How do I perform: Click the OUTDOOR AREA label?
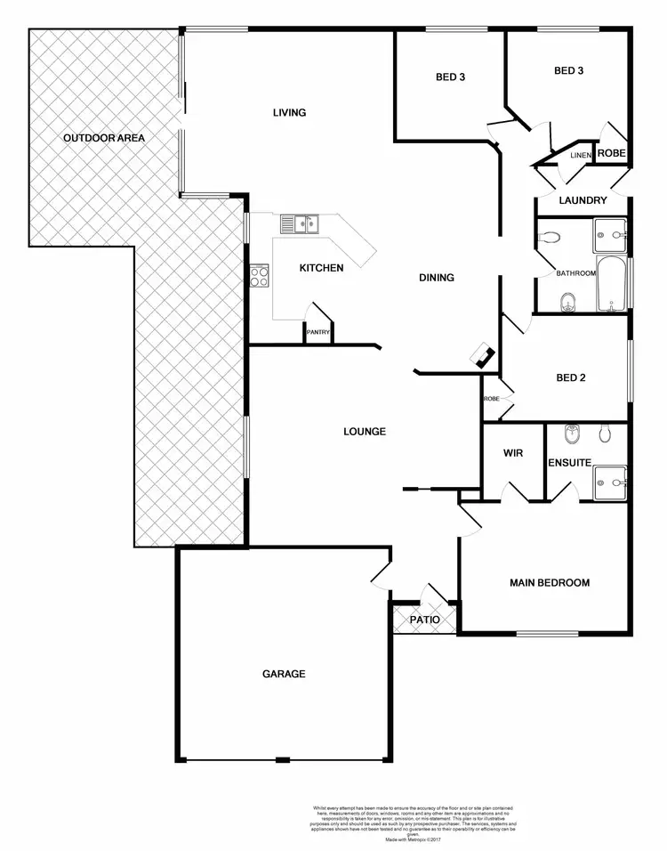tap(103, 138)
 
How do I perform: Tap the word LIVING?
tap(289, 112)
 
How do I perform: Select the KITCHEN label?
tap(321, 268)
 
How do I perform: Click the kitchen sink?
tap(300, 223)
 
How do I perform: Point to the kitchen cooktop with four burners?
tap(260, 276)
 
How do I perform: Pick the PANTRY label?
tap(318, 333)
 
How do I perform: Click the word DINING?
tap(437, 278)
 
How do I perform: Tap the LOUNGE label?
tap(365, 432)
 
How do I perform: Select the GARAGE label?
tap(284, 674)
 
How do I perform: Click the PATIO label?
tap(425, 620)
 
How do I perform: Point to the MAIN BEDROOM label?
tap(549, 583)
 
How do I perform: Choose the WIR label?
tap(512, 453)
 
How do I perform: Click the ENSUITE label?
tap(569, 463)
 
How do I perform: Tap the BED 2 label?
tap(570, 377)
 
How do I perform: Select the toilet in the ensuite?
tap(606, 434)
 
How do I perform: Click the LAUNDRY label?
tap(583, 200)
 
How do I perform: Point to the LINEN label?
tap(580, 156)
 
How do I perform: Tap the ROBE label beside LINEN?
tap(611, 153)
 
